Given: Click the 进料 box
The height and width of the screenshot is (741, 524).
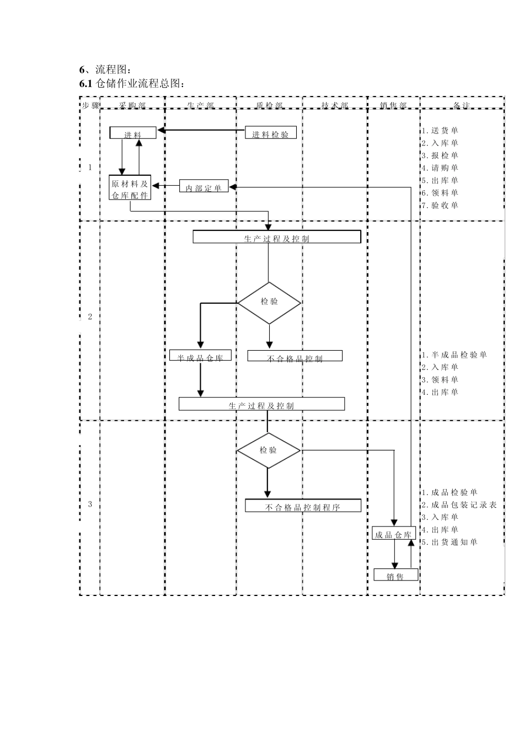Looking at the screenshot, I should (133, 133).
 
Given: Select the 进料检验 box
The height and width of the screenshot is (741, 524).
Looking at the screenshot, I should (270, 133).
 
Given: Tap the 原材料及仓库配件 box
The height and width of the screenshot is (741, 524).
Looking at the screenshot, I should (130, 188).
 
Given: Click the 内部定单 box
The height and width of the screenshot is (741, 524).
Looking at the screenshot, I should (204, 187).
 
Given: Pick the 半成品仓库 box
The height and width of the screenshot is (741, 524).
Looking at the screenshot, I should (200, 356).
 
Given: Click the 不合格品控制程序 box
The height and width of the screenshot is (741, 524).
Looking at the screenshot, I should (303, 506).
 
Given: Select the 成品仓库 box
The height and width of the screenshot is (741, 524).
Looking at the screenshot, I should (393, 534).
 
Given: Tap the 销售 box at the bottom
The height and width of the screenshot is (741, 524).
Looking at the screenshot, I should (395, 575).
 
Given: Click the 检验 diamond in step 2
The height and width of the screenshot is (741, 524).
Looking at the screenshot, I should (269, 302).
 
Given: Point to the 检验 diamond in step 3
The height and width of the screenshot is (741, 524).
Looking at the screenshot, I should (269, 450).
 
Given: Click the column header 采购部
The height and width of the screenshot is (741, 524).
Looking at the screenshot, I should (132, 105).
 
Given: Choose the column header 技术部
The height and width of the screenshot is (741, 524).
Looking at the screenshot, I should (335, 105).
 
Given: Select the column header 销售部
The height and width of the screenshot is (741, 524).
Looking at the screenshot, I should (394, 105).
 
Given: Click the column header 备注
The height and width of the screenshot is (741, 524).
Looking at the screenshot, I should (462, 105).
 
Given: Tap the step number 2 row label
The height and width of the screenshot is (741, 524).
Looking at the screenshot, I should (90, 317).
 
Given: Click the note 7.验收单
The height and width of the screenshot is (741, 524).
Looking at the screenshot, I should (440, 206).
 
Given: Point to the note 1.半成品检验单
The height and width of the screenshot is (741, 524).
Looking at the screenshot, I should (455, 355).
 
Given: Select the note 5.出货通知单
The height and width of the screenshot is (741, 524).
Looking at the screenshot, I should (450, 542).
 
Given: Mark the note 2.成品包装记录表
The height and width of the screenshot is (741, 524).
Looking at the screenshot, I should (459, 505).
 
